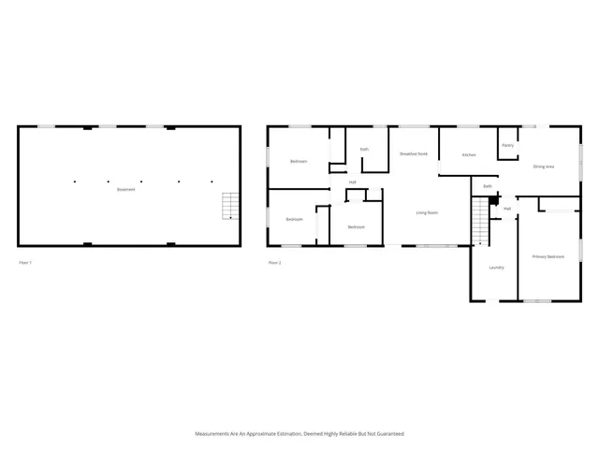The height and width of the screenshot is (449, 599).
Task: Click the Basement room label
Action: (x=125, y=190)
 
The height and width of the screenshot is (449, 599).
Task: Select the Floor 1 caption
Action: (x=25, y=263)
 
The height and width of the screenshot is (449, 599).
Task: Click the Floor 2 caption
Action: (x=274, y=263)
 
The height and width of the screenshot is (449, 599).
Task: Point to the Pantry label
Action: (x=507, y=145)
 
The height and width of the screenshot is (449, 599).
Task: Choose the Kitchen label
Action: (x=469, y=154)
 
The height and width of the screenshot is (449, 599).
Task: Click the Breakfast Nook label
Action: (x=414, y=152)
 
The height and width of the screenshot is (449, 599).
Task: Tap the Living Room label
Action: (x=427, y=213)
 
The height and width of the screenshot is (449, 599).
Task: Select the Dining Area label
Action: (x=544, y=167)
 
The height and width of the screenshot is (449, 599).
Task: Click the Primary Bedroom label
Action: (x=548, y=256)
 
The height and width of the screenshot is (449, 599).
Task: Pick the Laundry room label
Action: (x=496, y=268)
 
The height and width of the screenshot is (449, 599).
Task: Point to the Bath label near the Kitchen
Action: (x=488, y=186)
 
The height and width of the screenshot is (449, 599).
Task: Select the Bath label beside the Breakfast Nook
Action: (x=364, y=149)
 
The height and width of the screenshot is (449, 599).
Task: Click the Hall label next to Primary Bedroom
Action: (x=507, y=209)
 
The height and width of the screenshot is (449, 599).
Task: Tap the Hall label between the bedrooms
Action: (x=353, y=181)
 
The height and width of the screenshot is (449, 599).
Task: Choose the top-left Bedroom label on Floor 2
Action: (x=299, y=161)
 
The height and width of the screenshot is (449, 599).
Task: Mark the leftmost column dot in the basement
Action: (x=74, y=181)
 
